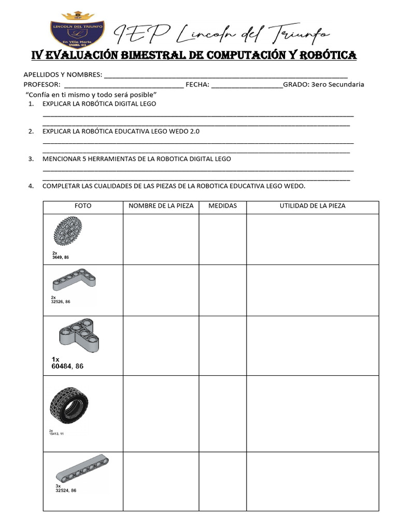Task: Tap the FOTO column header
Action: pos(83,206)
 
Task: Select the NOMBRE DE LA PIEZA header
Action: pos(161,206)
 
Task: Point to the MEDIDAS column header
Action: pos(222,206)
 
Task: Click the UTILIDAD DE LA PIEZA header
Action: pos(312,206)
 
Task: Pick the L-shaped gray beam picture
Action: pos(74,280)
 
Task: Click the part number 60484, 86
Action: pos(67,366)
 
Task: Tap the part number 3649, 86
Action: pos(60,257)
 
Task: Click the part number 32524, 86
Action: pos(66,491)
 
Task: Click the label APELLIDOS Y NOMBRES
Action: pos(62,75)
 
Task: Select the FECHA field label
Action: pos(197,84)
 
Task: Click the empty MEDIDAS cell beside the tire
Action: pos(222,414)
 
